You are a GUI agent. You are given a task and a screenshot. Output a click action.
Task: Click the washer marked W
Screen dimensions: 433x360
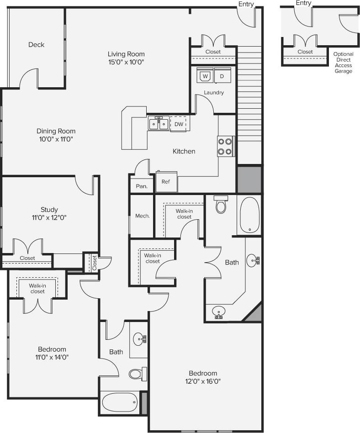[205, 76]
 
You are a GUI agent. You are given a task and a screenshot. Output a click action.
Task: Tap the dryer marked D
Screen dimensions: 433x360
[222, 76]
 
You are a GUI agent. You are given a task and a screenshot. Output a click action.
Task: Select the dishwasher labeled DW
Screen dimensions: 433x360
[179, 124]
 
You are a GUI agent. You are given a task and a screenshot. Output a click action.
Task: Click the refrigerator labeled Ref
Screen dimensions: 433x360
[166, 182]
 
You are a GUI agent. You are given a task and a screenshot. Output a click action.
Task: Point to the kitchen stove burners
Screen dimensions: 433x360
[225, 147]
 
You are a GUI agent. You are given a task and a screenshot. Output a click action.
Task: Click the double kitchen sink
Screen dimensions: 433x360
[159, 123]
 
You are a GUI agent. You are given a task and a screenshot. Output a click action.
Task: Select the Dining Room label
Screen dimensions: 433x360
[55, 131]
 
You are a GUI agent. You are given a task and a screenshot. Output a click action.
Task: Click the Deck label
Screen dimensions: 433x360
[36, 45]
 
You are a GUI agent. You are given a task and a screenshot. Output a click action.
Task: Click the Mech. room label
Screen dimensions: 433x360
[143, 216]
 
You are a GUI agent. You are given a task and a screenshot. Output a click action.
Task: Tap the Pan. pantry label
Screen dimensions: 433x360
[142, 186]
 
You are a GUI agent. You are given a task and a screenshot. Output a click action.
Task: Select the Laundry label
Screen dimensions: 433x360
[214, 93]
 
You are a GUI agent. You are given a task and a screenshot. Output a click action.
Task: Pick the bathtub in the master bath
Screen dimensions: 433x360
[249, 214]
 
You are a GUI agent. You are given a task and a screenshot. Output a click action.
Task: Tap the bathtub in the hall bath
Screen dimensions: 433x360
[120, 402]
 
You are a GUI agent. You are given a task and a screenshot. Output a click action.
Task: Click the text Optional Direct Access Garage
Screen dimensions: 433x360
[343, 63]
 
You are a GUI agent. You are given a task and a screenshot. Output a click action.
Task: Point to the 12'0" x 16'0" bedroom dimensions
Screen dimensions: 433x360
[204, 381]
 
